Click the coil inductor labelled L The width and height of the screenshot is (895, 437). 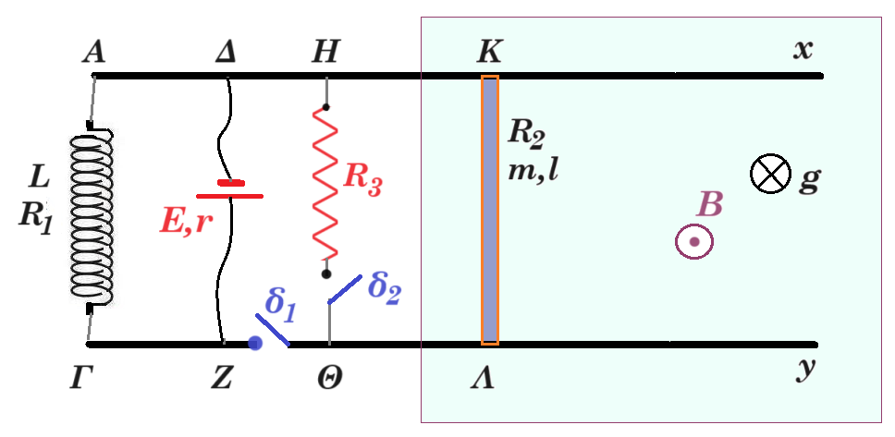[x=92, y=217]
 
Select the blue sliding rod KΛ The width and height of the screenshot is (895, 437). [x=490, y=210]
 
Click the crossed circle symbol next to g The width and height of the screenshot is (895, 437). [x=770, y=174]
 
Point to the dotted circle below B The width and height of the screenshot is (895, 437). [x=694, y=242]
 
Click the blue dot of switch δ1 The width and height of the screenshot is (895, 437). [x=255, y=343]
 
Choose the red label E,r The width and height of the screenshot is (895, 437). [x=186, y=223]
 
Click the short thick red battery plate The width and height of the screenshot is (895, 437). [x=231, y=183]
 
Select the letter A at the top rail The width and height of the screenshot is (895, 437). [x=93, y=53]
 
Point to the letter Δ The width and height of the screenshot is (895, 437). [x=226, y=53]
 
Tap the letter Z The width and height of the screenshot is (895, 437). [x=221, y=379]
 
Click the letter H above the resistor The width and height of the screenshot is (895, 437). [x=325, y=53]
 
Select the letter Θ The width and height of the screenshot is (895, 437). [x=329, y=379]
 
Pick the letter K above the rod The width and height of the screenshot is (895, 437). [x=489, y=53]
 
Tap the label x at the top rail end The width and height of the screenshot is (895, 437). [x=803, y=52]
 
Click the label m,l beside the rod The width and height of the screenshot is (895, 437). [x=533, y=170]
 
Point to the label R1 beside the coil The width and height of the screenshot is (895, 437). [x=35, y=217]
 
